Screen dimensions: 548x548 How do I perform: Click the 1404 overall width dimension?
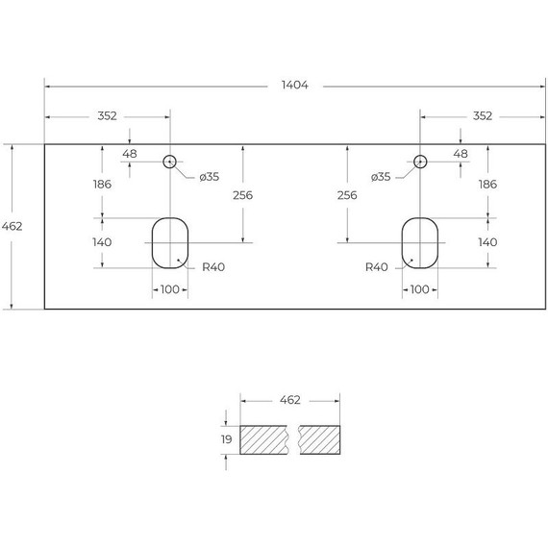pyautogui.click(x=294, y=85)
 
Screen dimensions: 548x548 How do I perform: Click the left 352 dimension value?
pyautogui.click(x=107, y=115)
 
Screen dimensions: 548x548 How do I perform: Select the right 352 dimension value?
pyautogui.click(x=483, y=115)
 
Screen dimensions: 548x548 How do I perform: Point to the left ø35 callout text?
pyautogui.click(x=209, y=177)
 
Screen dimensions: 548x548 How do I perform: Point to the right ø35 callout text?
pyautogui.click(x=381, y=177)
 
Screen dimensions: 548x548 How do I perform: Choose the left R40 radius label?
pyautogui.click(x=213, y=267)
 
